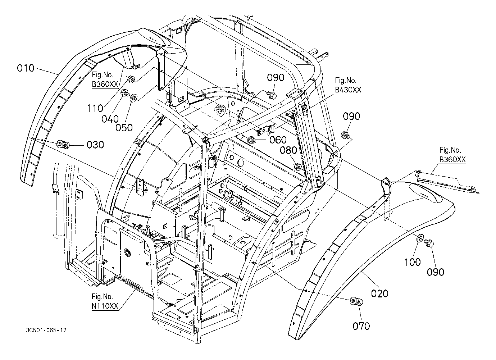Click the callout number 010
pos(26,68)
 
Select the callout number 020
pos(380,293)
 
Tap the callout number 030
pos(95,145)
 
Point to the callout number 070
pos(361,326)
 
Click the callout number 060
pos(278,140)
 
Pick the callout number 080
pos(288,150)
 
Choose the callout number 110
pos(95,109)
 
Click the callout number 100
pos(412,263)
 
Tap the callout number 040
pos(110,119)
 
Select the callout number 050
pos(124,128)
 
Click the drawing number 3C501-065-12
pos(46,331)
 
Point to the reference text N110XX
pos(105,306)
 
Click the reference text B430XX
pos(348,90)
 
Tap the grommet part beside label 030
pos(63,144)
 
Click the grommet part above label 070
pos(356,301)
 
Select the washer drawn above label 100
pos(420,238)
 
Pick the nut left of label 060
pos(251,140)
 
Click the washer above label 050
pos(134,97)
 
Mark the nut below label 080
pos(297,167)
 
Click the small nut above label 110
pos(131,79)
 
